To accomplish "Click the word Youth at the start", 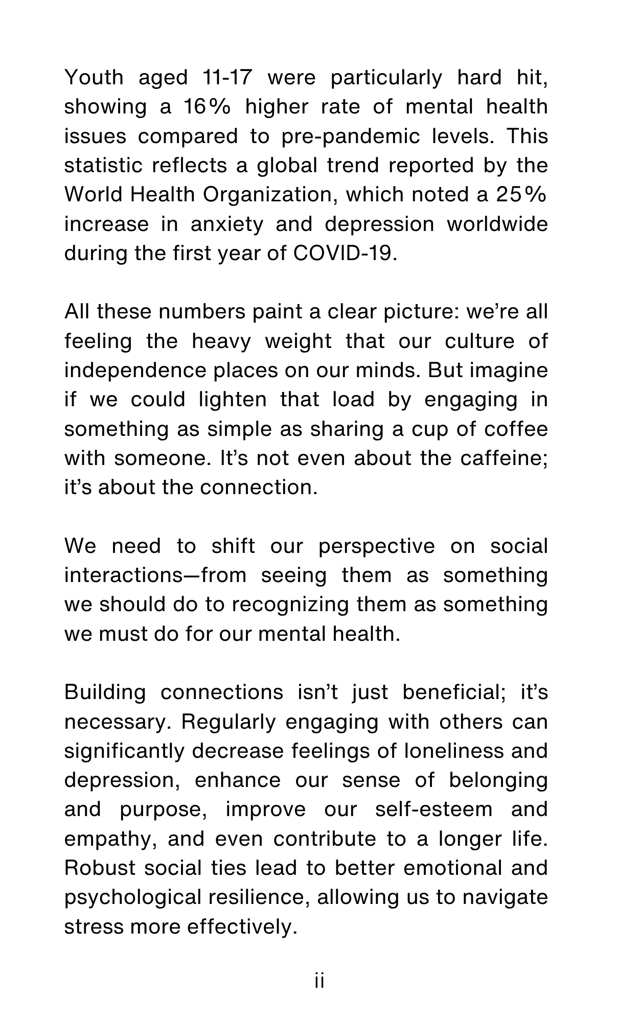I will click(x=94, y=78).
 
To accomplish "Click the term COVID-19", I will click(x=345, y=253).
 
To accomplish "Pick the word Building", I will click(x=105, y=692).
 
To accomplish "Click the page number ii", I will click(x=319, y=982).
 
